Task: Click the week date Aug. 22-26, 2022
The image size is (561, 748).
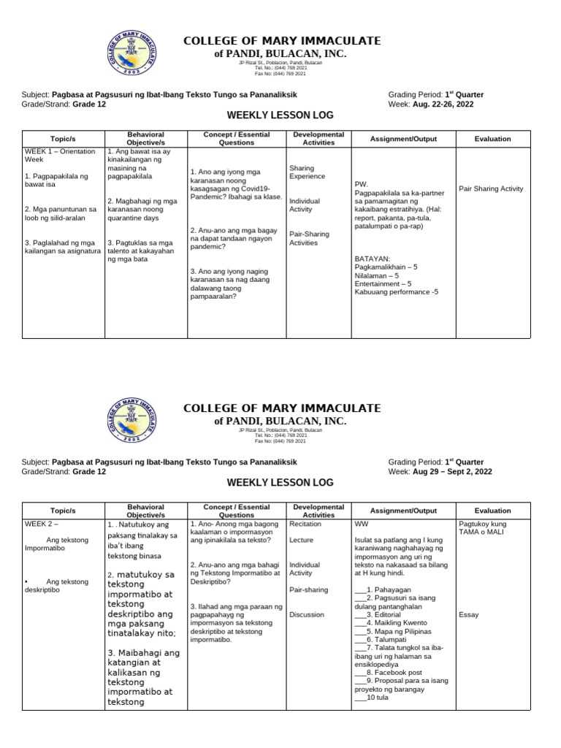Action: pos(448,104)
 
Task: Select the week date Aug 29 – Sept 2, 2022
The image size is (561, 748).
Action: pos(451,472)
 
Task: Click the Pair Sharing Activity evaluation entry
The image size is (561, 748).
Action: pos(491,189)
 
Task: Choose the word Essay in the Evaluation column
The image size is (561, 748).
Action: pos(468,614)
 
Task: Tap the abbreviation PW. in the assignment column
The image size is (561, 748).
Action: pos(361,183)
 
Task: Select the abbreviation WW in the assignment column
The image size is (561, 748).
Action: pos(360,524)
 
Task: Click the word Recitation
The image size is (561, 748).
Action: pos(306,524)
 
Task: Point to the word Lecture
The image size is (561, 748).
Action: pos(301,541)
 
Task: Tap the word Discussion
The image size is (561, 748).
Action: pos(307,614)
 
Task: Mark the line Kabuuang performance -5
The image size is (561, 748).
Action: pos(396,292)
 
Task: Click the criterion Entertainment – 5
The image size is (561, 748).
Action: pos(383,284)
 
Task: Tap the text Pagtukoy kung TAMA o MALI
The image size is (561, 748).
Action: pos(483,528)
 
